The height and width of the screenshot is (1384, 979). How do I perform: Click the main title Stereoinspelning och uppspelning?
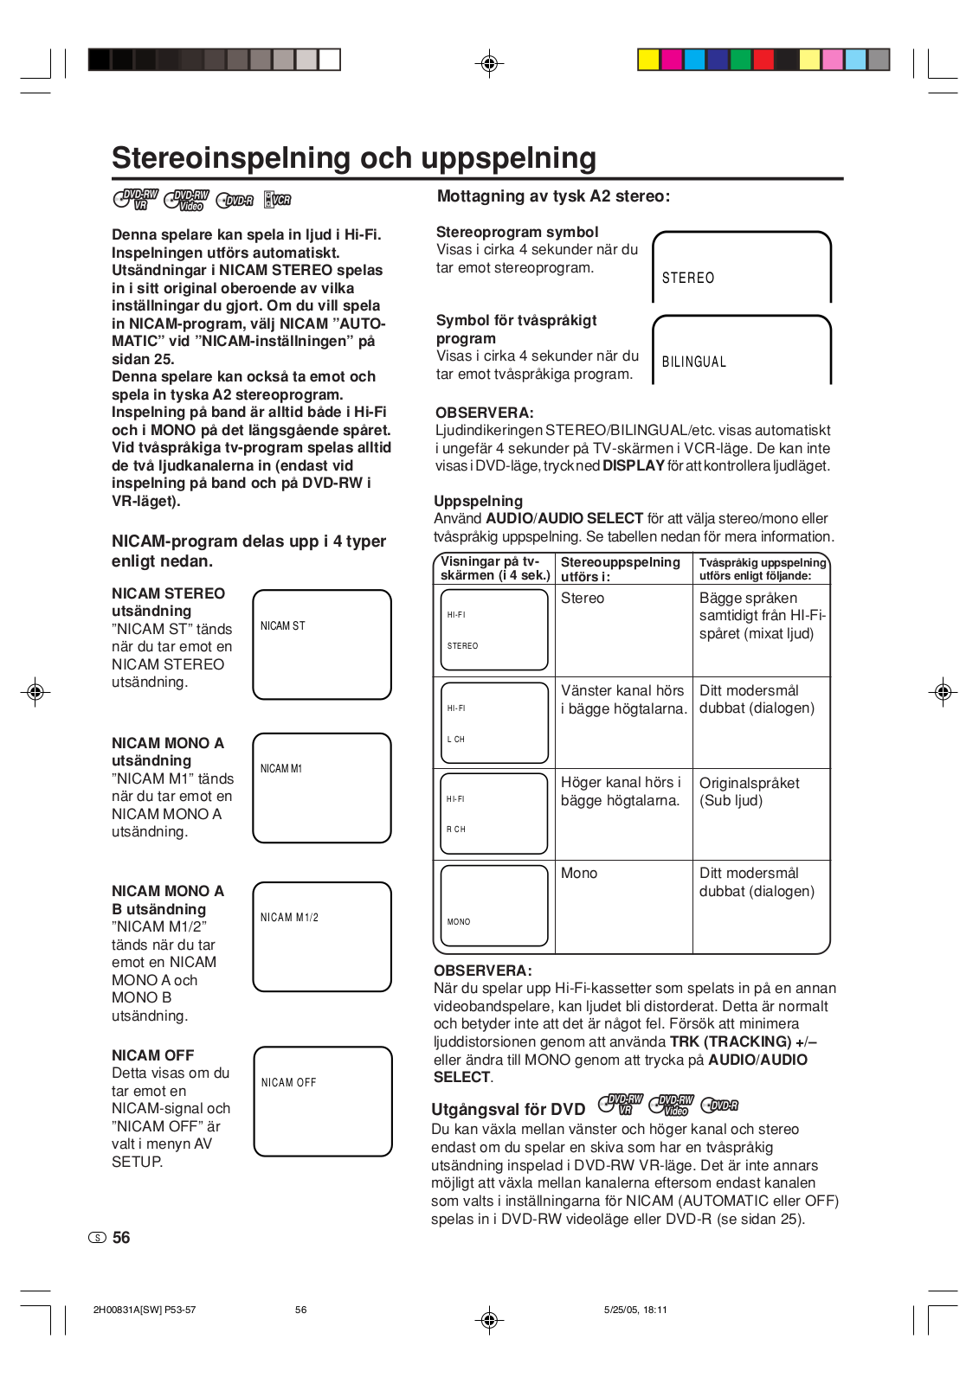pos(354,158)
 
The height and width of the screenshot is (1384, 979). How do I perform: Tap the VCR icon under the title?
pos(278,200)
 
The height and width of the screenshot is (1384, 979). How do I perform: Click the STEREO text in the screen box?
pos(688,278)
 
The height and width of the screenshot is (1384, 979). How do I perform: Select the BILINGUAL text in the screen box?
pos(693,362)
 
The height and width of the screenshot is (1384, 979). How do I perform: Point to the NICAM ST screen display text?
pos(283,625)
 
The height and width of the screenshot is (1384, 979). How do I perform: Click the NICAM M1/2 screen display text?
pos(289,917)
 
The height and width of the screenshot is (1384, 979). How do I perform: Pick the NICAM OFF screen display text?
pos(288,1082)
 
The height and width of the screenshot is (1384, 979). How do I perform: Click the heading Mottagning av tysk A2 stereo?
pos(553,196)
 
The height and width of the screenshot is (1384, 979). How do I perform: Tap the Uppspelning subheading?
pos(478,501)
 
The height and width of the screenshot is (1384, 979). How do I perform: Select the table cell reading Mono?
pos(579,873)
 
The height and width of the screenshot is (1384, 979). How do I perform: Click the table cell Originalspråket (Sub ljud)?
pos(749,791)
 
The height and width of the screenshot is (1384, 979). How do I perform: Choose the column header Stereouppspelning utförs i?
pos(620,569)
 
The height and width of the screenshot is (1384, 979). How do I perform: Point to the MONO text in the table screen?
pos(459,921)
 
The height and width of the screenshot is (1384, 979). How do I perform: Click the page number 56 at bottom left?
pos(121,1238)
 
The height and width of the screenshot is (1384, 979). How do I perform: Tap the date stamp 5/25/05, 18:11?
pos(635,1310)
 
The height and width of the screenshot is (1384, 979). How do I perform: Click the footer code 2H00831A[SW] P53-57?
pos(145,1310)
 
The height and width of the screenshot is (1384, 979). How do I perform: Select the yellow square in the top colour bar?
pos(648,60)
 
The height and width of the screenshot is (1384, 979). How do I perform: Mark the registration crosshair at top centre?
pos(489,63)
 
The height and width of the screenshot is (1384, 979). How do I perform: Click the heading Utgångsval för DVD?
pos(508,1109)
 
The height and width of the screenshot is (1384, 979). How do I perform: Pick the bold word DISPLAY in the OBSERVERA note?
pos(634,465)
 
